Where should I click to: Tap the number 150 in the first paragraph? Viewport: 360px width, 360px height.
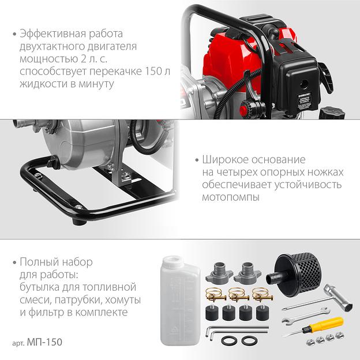pyautogui.click(x=153, y=71)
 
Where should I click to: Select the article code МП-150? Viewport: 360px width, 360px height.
pyautogui.click(x=44, y=342)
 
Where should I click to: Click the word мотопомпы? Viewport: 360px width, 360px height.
pyautogui.click(x=231, y=197)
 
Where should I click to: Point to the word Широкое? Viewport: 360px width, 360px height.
pyautogui.click(x=224, y=160)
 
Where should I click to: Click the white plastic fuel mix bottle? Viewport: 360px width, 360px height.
pyautogui.click(x=178, y=301)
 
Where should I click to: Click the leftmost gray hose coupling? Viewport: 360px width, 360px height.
pyautogui.click(x=219, y=272)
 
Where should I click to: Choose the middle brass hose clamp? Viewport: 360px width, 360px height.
pyautogui.click(x=238, y=295)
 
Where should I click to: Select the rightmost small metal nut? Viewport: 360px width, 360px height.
pyautogui.click(x=340, y=336)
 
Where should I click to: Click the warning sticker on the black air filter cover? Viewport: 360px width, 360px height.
pyautogui.click(x=304, y=102)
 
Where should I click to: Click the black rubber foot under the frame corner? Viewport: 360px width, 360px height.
pyautogui.click(x=79, y=222)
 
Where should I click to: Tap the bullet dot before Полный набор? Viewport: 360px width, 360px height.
pyautogui.click(x=14, y=262)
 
